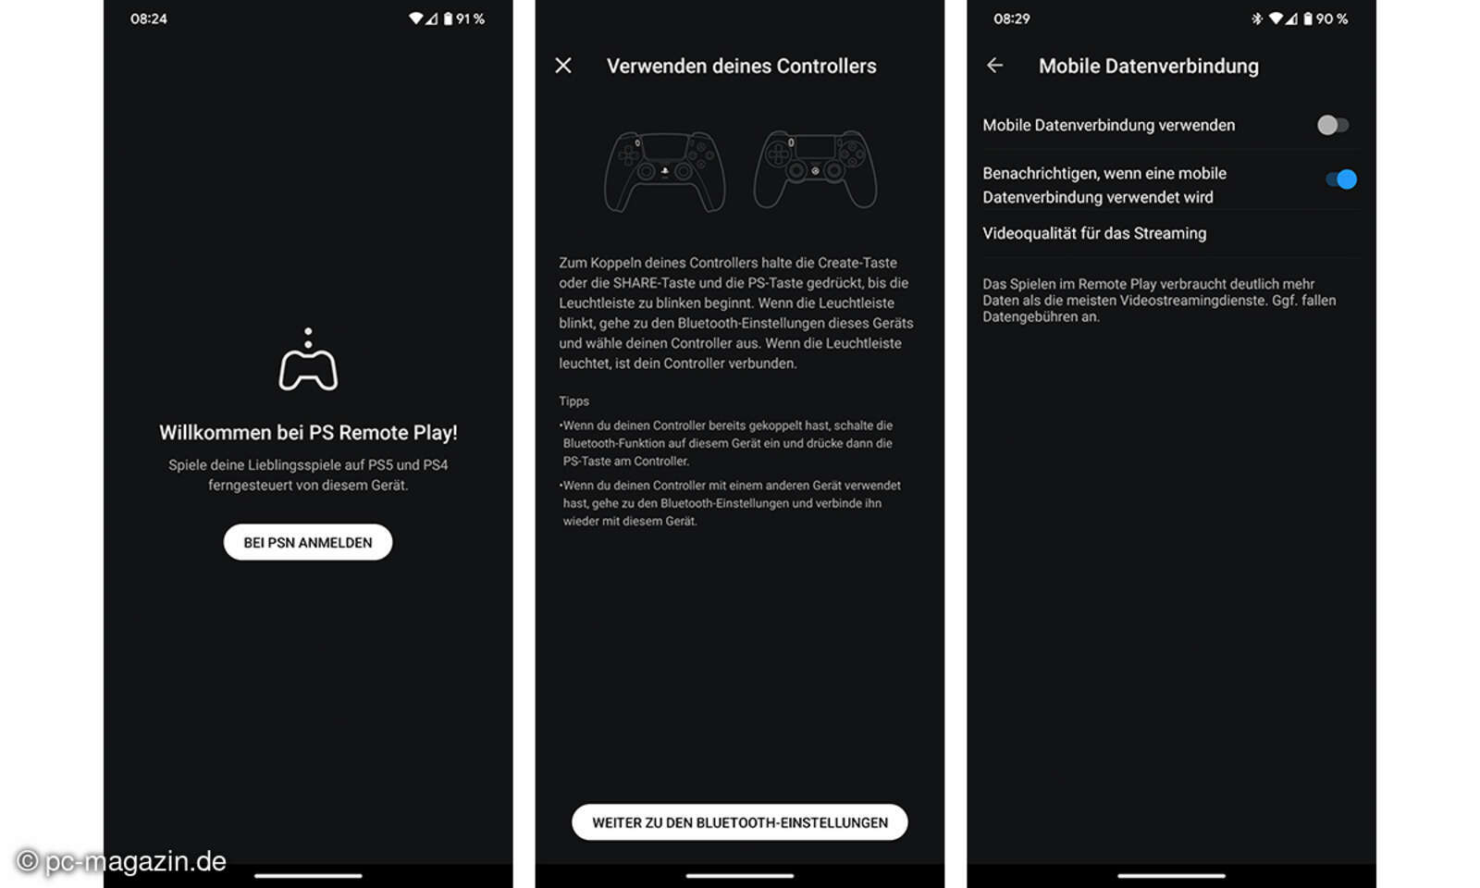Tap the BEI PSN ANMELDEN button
(308, 542)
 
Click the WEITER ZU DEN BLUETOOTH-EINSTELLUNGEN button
(739, 822)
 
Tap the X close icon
(563, 66)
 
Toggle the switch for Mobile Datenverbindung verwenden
(1332, 125)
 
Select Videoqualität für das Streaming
(1094, 233)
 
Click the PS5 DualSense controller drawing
(664, 171)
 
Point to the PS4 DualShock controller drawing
(815, 169)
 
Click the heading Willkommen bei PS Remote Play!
(308, 432)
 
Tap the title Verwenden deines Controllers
(741, 66)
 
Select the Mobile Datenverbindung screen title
(1148, 66)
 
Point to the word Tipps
(573, 401)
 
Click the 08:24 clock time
(149, 18)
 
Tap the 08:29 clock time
(1011, 18)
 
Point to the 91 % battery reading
(470, 18)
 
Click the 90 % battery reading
(1332, 18)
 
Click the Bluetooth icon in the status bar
(1256, 18)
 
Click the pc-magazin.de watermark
(122, 861)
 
